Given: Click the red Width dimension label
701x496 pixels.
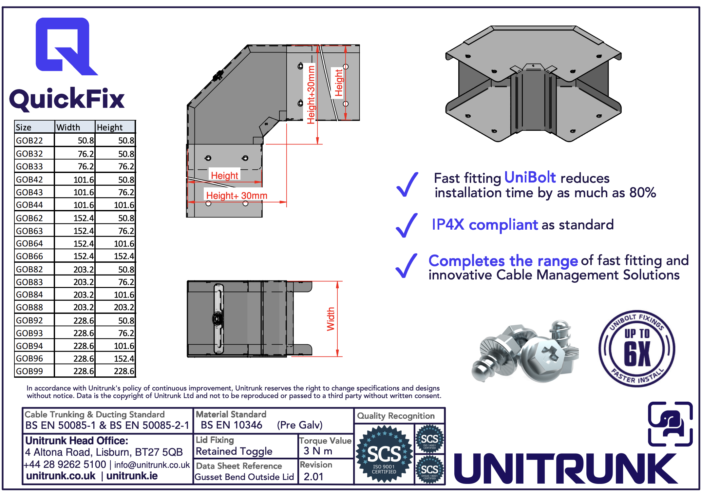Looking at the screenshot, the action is point(331,319).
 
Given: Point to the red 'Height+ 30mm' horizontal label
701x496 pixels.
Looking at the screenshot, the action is point(237,196).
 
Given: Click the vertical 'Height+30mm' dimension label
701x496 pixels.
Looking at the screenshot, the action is point(311,95).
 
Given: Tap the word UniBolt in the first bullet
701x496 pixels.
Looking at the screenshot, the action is point(530,178).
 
